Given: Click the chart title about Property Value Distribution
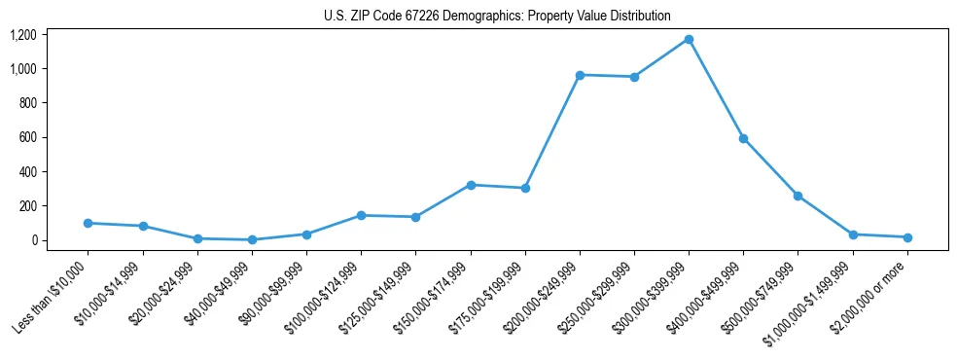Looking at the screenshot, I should pyautogui.click(x=497, y=16).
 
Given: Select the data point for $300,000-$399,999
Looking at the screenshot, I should pyautogui.click(x=689, y=40).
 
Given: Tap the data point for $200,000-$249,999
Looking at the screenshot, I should pyautogui.click(x=580, y=75).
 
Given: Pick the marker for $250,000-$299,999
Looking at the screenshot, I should pyautogui.click(x=634, y=77).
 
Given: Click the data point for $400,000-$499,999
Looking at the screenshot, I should pyautogui.click(x=743, y=139).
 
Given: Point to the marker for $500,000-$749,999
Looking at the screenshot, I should pyautogui.click(x=797, y=196).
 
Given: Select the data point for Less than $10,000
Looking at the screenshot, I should pyautogui.click(x=89, y=223).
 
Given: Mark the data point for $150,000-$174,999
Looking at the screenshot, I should pyautogui.click(x=471, y=185).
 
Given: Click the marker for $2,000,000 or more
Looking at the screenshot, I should pyautogui.click(x=907, y=237).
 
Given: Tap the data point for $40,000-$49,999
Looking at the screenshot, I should pyautogui.click(x=252, y=239).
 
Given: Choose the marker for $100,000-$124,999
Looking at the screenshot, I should pyautogui.click(x=362, y=215).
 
